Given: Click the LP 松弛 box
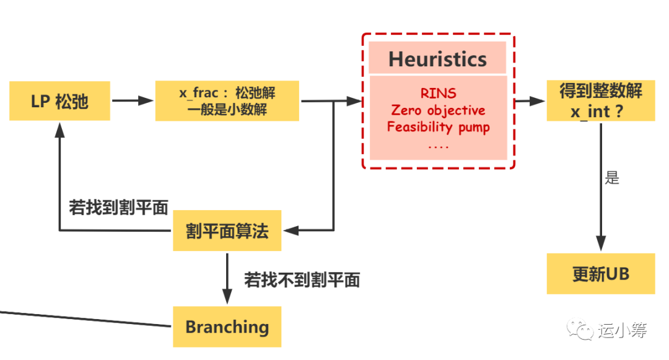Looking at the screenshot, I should coord(59,101).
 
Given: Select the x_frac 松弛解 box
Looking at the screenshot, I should coord(227,101).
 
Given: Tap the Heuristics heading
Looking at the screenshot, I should coord(437,59).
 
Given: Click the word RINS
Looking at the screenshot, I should coord(438,94).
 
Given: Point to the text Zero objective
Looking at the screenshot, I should coord(438,110).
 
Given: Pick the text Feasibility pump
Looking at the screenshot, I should coord(438,127).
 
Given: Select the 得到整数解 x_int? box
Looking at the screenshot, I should coord(600,101).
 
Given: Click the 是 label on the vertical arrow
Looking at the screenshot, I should coord(612,178).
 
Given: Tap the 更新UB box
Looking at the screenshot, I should coord(600,274).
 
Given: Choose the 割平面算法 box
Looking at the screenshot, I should coord(227,230).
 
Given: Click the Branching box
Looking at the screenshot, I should coord(227,327).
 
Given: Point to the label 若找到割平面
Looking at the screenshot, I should coord(118,208).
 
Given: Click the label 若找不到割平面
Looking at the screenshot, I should coord(302,279).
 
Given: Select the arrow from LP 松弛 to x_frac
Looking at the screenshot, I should coord(133,100).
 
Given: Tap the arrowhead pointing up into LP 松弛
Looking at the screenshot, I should coord(59,128).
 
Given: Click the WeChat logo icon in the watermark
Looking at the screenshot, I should coord(582,330).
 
